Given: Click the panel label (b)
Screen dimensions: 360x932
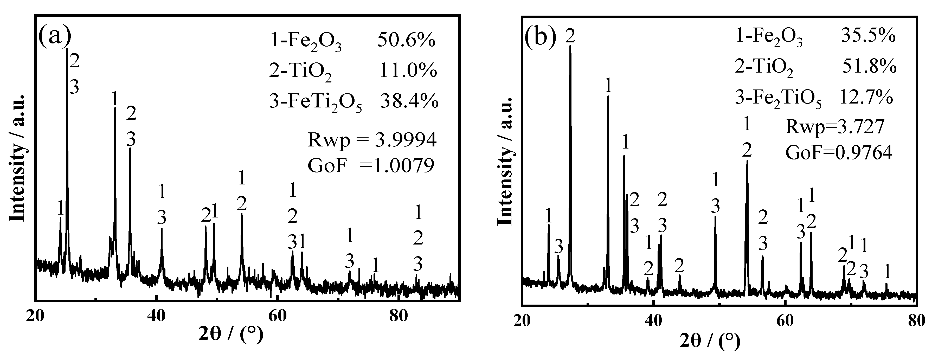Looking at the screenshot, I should tap(541, 38).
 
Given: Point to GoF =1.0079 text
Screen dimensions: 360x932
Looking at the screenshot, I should tap(370, 166).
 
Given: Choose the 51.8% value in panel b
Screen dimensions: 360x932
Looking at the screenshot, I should tap(873, 67).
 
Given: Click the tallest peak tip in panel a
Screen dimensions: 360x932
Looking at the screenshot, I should tap(67, 49).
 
